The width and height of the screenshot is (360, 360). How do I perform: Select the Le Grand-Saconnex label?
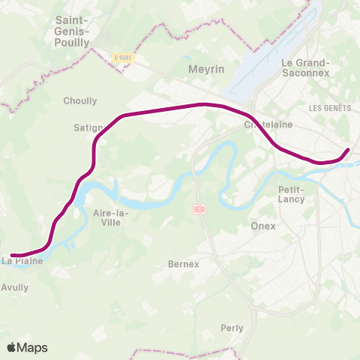pos(305,68)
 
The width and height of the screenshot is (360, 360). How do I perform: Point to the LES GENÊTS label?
pos(330,108)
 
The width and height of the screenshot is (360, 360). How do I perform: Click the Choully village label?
pos(80,100)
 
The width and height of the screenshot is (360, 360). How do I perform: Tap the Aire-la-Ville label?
pos(110,217)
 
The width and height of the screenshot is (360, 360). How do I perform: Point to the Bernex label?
pos(184,264)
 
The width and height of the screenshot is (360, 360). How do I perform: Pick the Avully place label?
pos(15,287)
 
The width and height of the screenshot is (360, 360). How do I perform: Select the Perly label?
pos(232,328)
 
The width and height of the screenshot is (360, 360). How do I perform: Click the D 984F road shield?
pos(123,56)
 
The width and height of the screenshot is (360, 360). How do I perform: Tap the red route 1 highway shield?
pos(199,209)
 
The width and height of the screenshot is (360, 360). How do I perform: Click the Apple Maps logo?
pos(27,348)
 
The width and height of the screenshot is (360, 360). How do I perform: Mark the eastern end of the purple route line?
pos(348,150)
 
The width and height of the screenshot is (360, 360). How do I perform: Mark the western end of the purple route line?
pos(12,255)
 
